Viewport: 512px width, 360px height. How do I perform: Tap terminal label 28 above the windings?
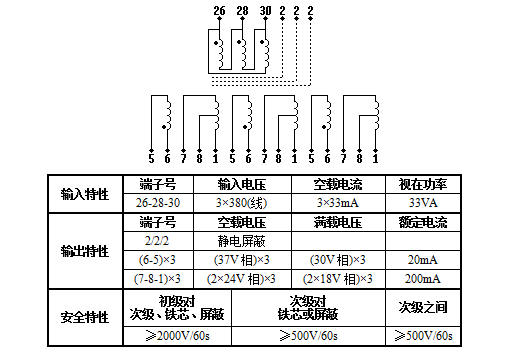coord(242,11)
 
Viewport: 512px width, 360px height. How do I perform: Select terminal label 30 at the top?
coord(264,11)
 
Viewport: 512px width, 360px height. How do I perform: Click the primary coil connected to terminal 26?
coord(220,56)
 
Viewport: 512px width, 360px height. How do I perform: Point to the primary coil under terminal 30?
coord(266,56)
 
